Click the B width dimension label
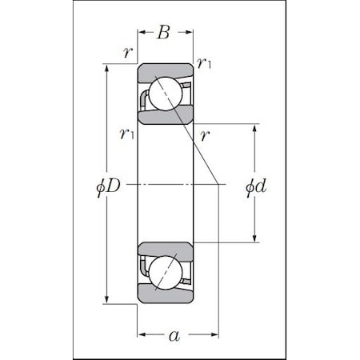[164, 33]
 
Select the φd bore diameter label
[255, 187]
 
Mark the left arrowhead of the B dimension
[141, 34]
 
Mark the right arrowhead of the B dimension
[190, 34]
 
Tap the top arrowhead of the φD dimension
[107, 66]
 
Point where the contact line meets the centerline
[219, 183]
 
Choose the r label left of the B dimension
[127, 53]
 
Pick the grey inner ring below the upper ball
[164, 118]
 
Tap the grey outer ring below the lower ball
[164, 295]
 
